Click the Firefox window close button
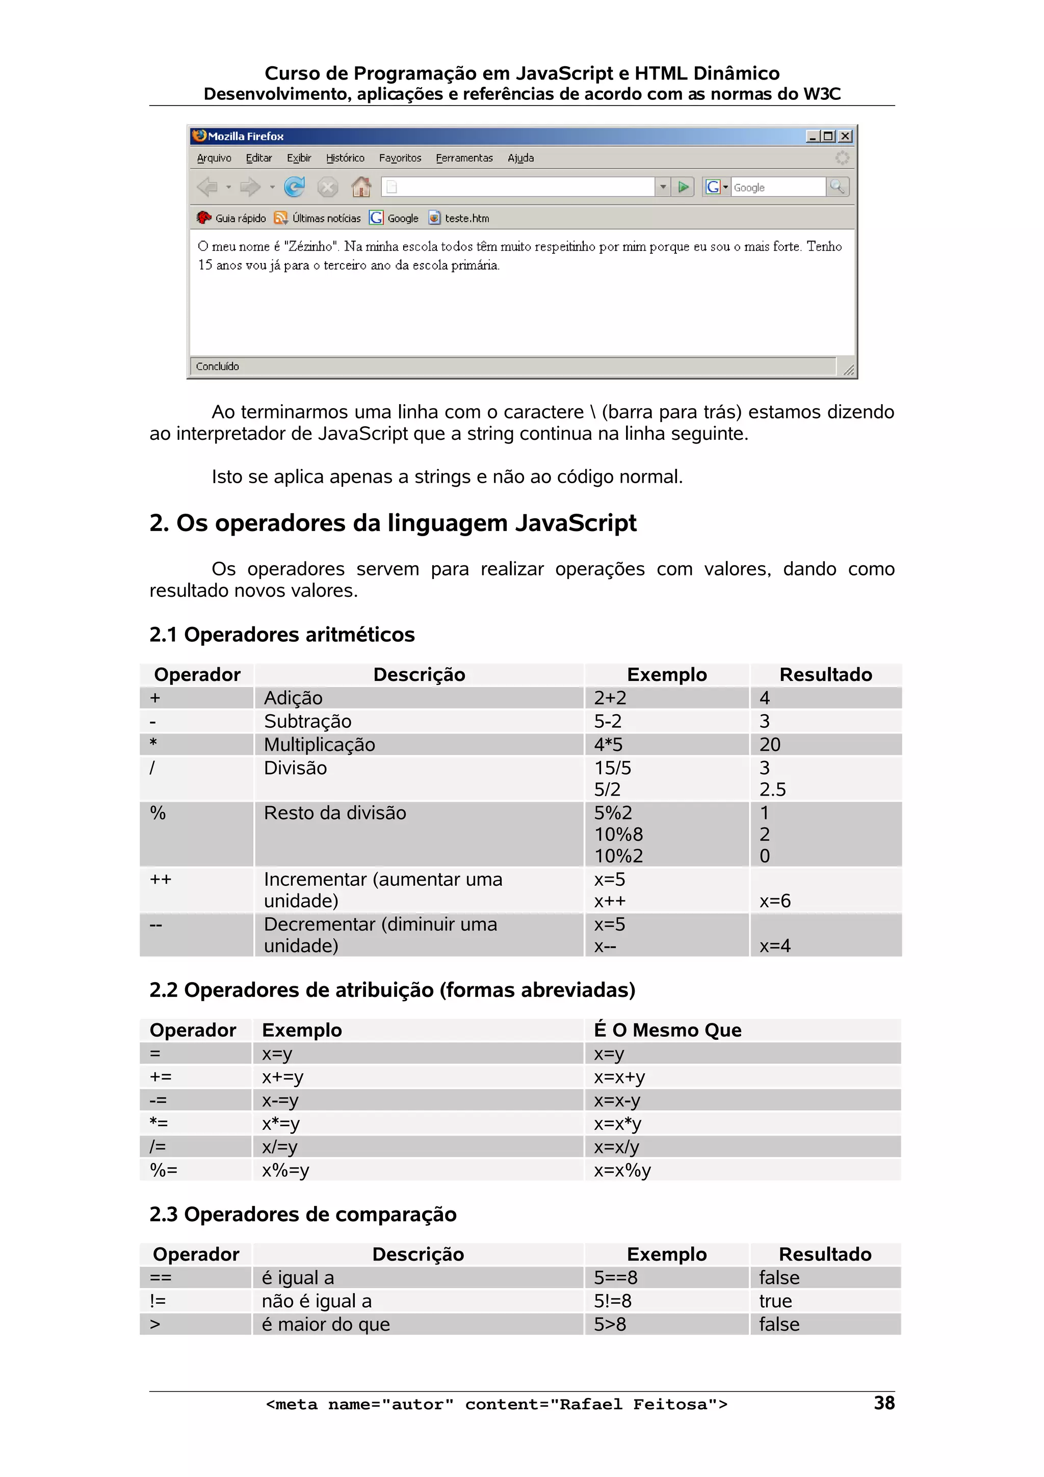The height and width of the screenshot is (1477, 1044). (x=845, y=137)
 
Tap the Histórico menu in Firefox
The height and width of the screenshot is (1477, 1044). (x=345, y=158)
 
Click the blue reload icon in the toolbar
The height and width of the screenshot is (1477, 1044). (x=295, y=187)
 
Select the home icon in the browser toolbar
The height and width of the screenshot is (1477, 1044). (x=361, y=187)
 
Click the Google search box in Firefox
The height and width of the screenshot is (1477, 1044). (x=777, y=187)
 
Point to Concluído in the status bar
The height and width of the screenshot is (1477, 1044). (x=218, y=366)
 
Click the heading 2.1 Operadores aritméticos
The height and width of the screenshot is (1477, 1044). (x=282, y=635)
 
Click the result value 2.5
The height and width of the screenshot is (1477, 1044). (x=772, y=789)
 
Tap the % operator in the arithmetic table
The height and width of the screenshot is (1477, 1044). (x=158, y=813)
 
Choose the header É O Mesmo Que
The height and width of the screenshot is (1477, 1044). (x=667, y=1030)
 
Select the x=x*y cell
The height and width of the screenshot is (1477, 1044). (x=617, y=1123)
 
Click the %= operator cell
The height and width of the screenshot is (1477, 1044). (x=164, y=1170)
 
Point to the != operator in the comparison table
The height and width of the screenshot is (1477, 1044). (x=158, y=1301)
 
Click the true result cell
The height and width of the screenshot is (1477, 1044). (x=775, y=1301)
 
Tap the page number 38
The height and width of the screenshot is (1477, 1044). (x=884, y=1403)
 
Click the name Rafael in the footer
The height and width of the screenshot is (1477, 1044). (x=590, y=1404)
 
